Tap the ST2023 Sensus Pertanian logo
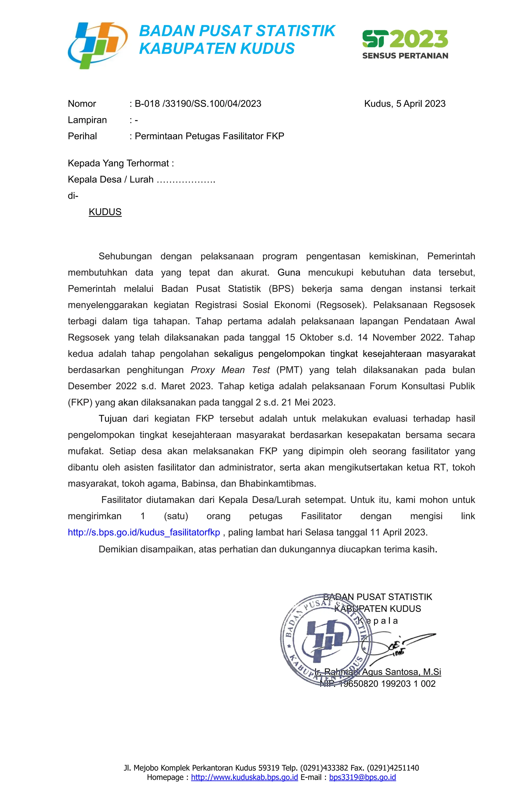405,44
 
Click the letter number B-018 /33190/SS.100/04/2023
198,104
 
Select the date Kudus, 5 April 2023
405,104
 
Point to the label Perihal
82,136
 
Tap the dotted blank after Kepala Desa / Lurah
186,180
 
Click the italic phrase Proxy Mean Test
230,370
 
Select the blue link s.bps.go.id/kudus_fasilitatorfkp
144,532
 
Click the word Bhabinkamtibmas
277,484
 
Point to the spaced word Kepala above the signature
377,621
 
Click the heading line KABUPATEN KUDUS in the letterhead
217,48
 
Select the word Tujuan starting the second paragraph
113,419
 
